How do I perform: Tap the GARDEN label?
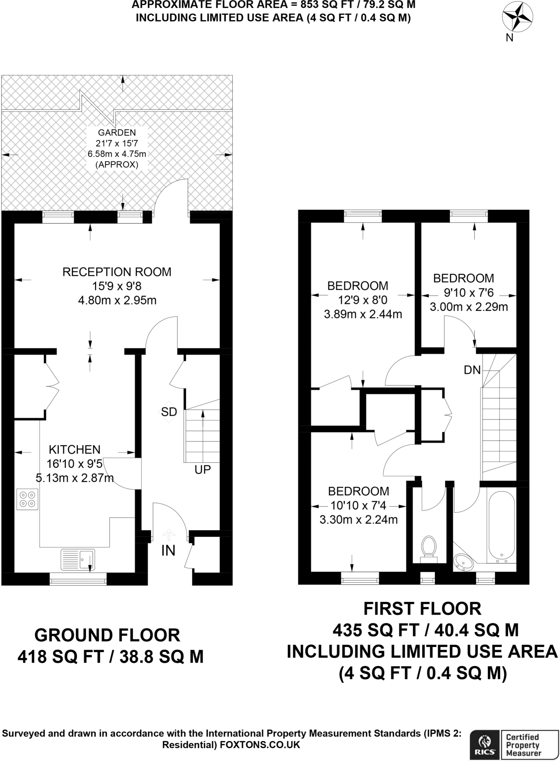tap(117, 132)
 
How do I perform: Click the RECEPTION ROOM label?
tap(117, 272)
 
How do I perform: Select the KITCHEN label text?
tap(74, 449)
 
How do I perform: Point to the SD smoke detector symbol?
tap(169, 412)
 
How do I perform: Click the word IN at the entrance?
tap(168, 550)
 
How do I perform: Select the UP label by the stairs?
tap(203, 470)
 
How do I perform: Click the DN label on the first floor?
tap(472, 370)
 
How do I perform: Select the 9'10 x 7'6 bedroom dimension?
tap(468, 293)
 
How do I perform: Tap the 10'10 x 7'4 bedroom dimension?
tap(359, 505)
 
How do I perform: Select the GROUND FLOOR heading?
tap(107, 635)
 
